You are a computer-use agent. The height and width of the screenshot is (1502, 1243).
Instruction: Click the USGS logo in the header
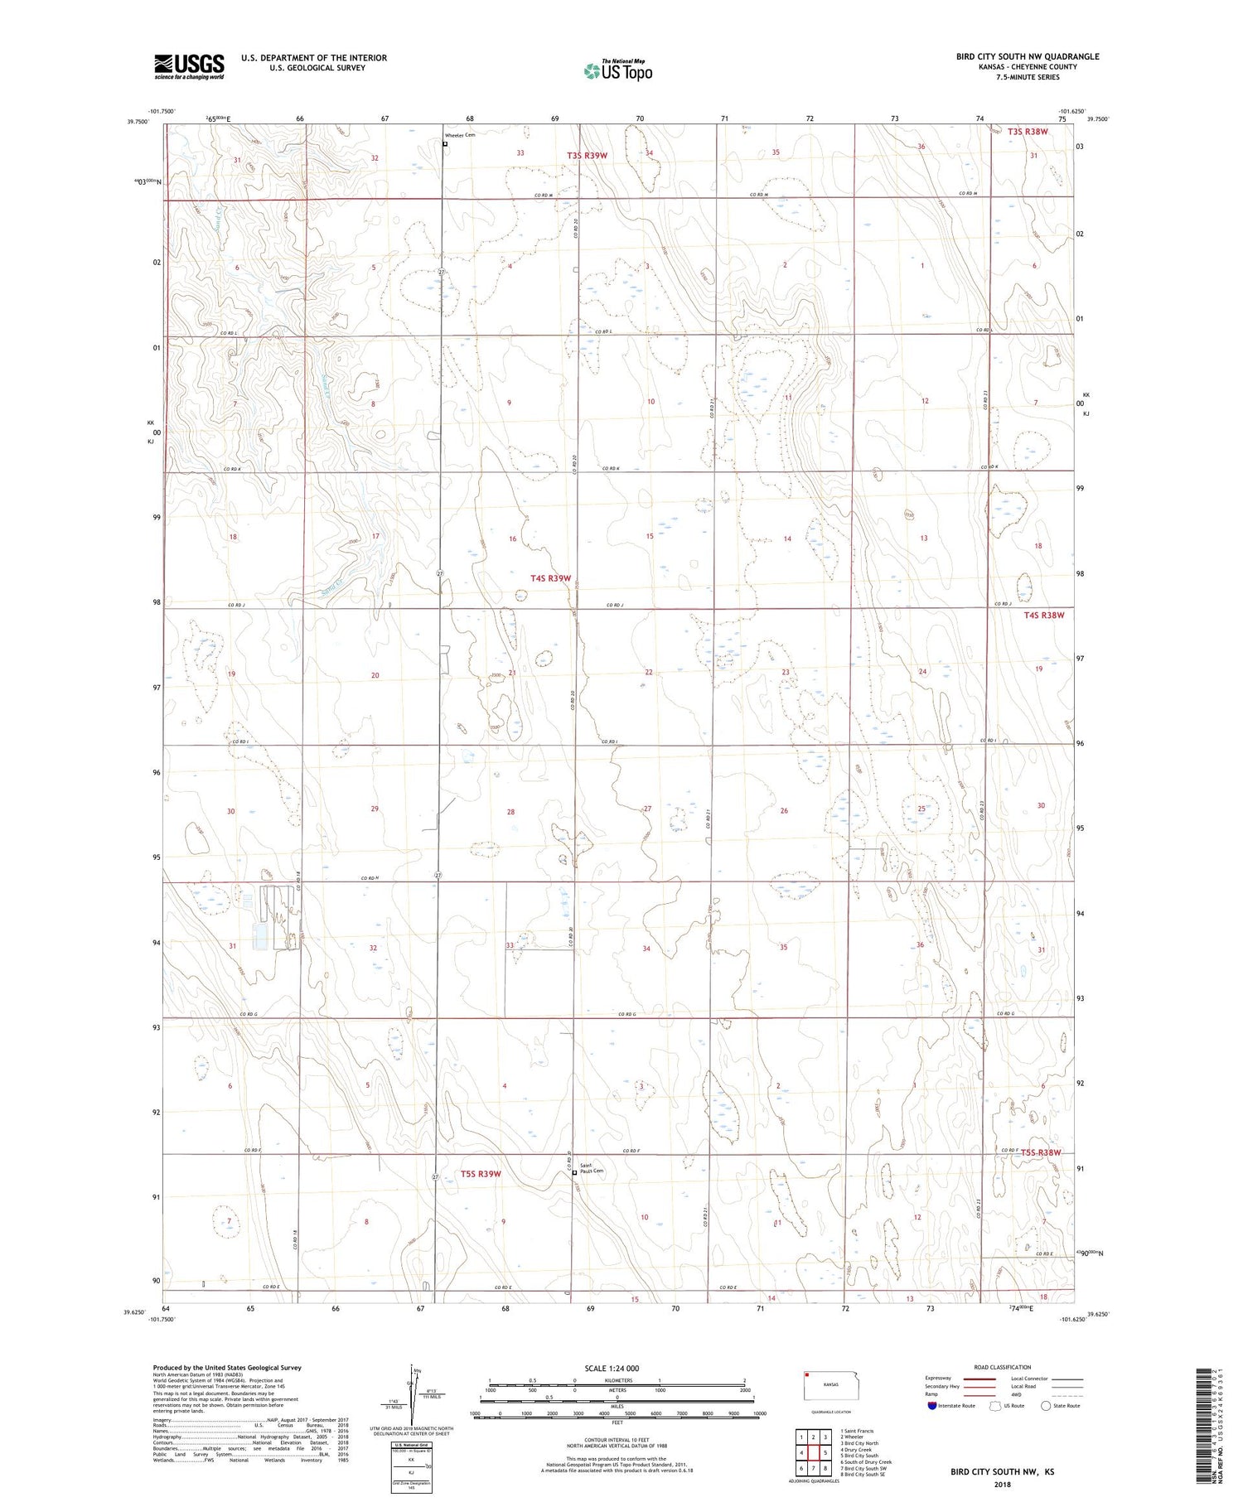(x=189, y=66)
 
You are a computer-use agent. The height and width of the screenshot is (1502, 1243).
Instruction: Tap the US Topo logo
(x=617, y=71)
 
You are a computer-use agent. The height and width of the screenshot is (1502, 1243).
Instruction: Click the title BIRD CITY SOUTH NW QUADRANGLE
(x=1028, y=56)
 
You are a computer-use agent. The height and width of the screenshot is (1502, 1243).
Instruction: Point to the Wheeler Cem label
(x=460, y=135)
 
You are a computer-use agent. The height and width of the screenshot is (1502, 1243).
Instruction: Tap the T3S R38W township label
(x=1028, y=132)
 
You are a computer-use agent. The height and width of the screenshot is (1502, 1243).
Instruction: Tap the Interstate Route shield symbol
(x=931, y=1406)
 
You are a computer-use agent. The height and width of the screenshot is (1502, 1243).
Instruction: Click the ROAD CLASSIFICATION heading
(x=1002, y=1367)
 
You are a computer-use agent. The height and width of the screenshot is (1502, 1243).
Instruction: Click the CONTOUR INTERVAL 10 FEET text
(x=617, y=1441)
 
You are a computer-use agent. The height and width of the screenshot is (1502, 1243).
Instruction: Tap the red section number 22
(x=649, y=672)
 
